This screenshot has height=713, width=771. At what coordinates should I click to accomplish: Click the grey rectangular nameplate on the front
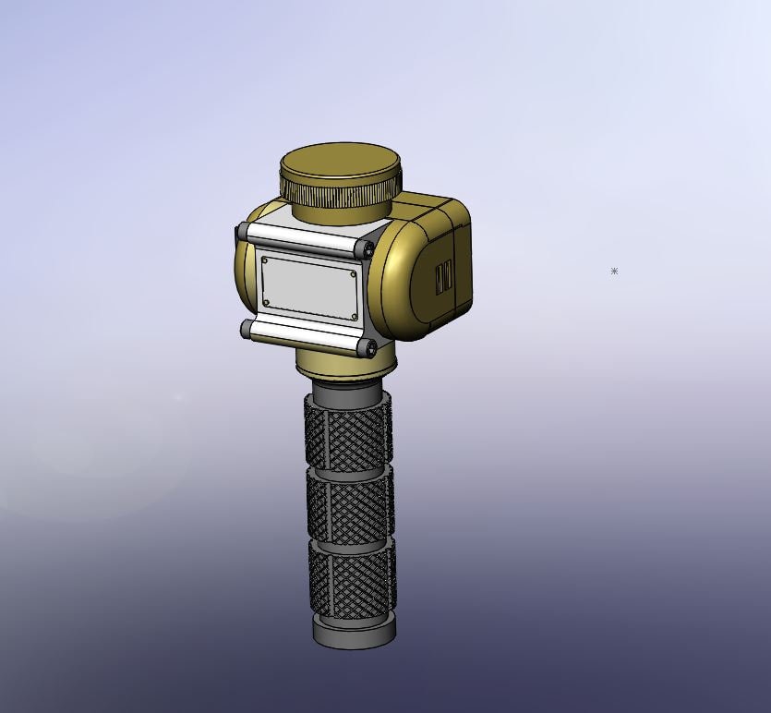pos(309,287)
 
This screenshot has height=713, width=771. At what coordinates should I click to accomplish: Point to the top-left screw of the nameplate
pos(265,261)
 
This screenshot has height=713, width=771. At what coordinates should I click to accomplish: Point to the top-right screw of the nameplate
pos(353,273)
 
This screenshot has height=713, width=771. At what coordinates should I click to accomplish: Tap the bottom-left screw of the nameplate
pos(266,302)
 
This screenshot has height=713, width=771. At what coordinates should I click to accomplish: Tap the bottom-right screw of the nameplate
pos(354,316)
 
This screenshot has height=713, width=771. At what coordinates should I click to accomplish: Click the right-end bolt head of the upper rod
pos(368,250)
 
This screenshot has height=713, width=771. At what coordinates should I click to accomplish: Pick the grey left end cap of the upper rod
pos(242,231)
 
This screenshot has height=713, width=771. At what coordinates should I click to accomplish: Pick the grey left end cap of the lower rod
pos(246,329)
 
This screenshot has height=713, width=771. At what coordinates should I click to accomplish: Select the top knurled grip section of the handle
pos(348,434)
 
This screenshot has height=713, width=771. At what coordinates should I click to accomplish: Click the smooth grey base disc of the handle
pos(354,633)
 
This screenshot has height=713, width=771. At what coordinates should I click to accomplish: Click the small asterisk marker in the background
pos(614,272)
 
